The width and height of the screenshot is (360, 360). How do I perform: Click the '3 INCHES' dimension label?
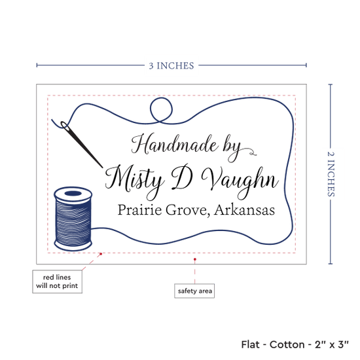tap(171, 65)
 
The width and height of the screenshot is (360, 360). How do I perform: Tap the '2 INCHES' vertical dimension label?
tap(331, 174)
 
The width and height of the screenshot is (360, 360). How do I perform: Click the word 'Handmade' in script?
tap(174, 144)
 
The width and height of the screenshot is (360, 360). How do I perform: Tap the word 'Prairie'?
tap(139, 209)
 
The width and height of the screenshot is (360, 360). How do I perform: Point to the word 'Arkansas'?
tap(245, 210)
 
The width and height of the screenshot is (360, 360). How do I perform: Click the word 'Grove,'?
tap(188, 210)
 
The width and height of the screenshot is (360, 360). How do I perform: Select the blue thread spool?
tap(73, 219)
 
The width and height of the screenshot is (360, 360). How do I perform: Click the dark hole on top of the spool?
tap(73, 193)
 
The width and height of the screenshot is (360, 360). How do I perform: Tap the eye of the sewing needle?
tap(65, 126)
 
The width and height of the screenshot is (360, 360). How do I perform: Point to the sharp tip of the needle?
tap(102, 168)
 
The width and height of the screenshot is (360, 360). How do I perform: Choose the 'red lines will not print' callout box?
tap(57, 281)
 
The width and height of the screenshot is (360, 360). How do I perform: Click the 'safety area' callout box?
tap(194, 291)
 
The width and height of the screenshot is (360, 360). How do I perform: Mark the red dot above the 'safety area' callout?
tap(194, 259)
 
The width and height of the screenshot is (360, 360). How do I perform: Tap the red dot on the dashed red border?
tap(101, 254)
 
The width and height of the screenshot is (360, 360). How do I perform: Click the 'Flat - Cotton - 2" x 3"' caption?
tap(295, 344)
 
